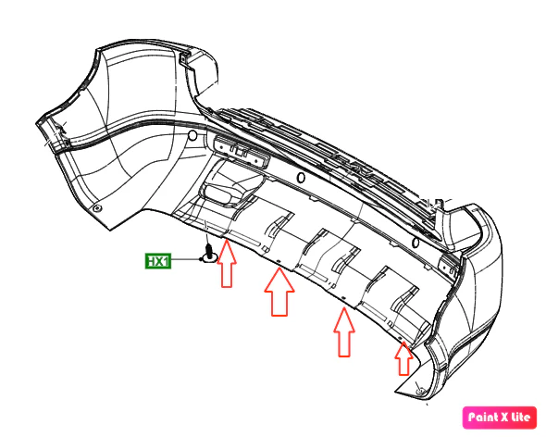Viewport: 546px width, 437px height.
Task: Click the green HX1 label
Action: click(x=158, y=261)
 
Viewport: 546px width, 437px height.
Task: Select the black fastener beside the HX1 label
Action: click(x=209, y=254)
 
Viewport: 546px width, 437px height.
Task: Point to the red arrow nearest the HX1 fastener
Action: click(x=227, y=264)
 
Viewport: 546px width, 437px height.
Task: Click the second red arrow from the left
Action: click(x=279, y=292)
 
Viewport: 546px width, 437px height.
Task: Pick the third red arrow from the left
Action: click(x=344, y=332)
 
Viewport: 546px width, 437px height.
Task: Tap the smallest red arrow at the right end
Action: click(x=403, y=358)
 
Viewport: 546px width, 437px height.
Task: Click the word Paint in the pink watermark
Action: click(x=481, y=417)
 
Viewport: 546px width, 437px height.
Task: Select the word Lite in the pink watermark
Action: click(x=519, y=417)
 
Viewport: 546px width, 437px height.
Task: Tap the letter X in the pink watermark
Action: click(x=502, y=418)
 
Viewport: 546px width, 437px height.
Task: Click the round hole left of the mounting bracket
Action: click(x=192, y=135)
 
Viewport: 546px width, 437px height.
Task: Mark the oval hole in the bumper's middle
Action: click(x=301, y=178)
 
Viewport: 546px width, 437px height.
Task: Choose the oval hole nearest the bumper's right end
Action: click(x=415, y=243)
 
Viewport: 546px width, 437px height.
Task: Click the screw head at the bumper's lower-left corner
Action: click(x=97, y=208)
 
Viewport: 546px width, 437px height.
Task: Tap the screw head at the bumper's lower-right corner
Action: click(x=420, y=392)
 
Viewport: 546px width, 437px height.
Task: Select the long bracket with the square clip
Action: click(x=242, y=153)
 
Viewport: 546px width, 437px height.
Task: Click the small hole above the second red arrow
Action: click(x=279, y=261)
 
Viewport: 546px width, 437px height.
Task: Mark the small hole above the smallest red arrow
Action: click(x=400, y=338)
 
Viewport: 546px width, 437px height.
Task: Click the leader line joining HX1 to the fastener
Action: click(x=186, y=259)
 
